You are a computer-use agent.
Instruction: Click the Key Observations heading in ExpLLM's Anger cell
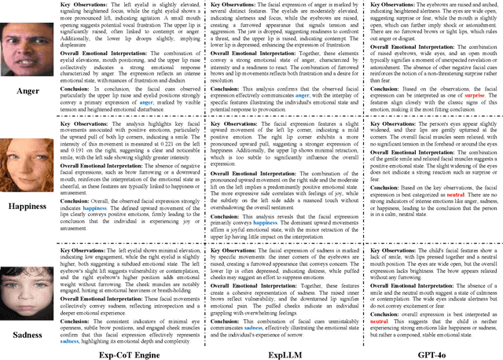[x=233, y=6]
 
